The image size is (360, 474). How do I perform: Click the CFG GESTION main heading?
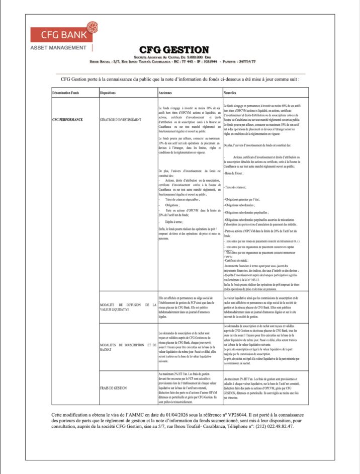pyautogui.click(x=174, y=49)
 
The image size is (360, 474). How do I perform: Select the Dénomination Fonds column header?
pyautogui.click(x=66, y=94)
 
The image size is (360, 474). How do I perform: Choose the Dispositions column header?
pyautogui.click(x=110, y=94)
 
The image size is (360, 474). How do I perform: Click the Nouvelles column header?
pyautogui.click(x=232, y=94)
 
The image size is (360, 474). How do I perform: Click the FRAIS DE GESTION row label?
pyautogui.click(x=113, y=388)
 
